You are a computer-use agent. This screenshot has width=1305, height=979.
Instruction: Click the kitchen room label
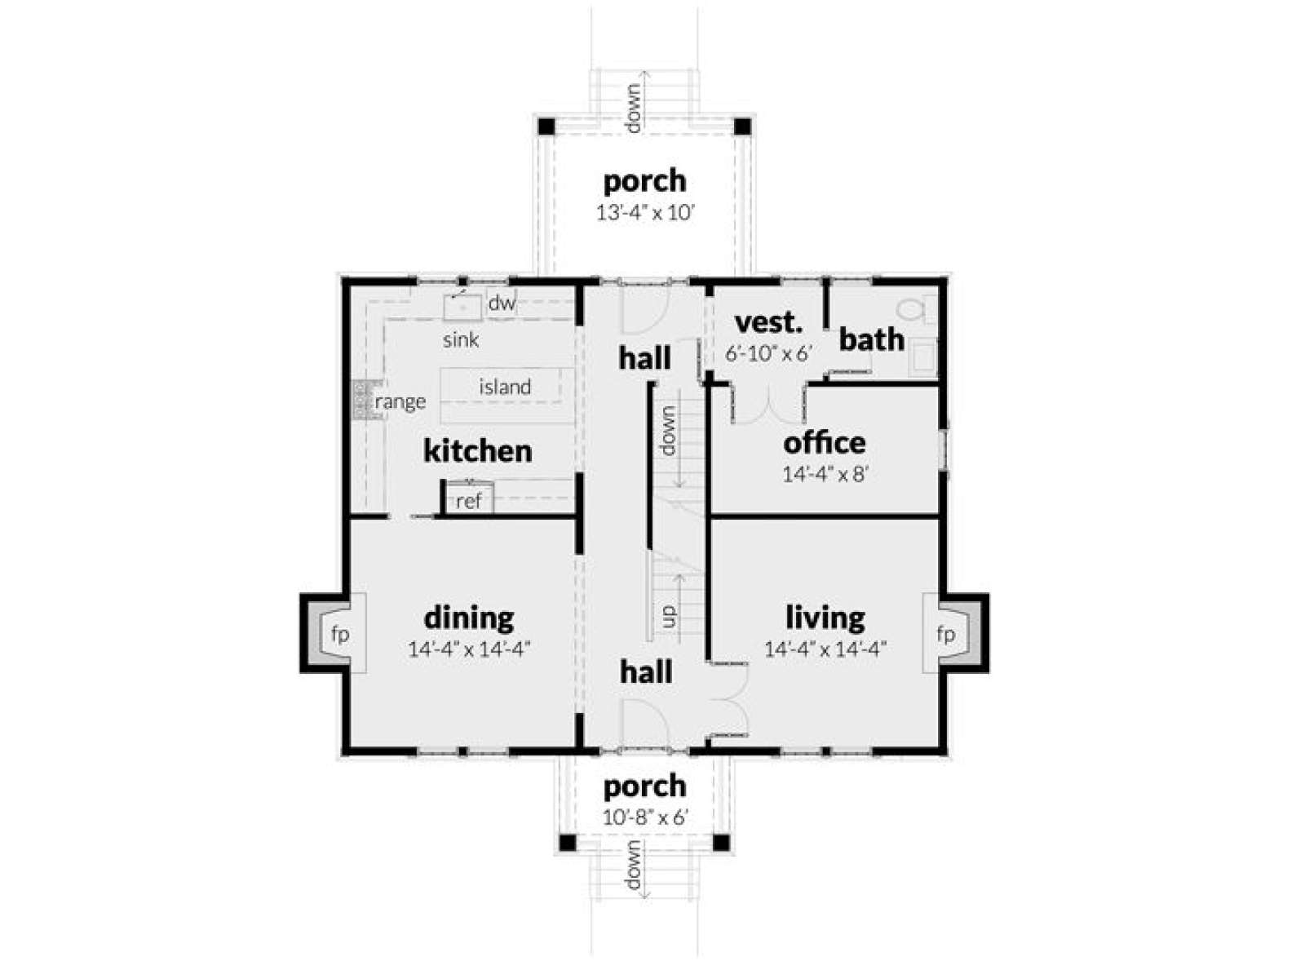click(477, 451)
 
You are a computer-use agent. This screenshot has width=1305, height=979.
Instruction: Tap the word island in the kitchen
click(505, 388)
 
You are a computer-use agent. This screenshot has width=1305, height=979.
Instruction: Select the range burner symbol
click(360, 400)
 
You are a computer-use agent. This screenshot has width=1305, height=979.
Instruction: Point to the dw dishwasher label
click(501, 303)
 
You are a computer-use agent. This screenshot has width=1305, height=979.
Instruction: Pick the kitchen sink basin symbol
click(462, 307)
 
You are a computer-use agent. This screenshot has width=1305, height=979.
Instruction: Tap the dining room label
click(468, 618)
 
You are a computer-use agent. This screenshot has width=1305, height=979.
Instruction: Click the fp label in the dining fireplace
click(340, 635)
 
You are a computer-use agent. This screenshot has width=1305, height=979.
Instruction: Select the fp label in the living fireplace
click(945, 635)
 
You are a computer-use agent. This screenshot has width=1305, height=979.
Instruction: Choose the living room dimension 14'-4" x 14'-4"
click(825, 649)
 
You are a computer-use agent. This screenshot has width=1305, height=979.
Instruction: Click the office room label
click(824, 443)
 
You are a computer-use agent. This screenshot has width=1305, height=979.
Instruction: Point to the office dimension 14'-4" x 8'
click(825, 474)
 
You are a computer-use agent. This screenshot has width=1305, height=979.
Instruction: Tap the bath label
click(872, 339)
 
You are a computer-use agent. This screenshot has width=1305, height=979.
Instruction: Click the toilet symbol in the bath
click(913, 310)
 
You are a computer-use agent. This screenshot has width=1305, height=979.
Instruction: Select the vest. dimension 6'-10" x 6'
click(768, 354)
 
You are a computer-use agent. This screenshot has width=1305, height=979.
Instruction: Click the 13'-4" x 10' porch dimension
click(645, 213)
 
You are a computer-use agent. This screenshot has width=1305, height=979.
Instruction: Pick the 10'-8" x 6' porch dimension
click(645, 818)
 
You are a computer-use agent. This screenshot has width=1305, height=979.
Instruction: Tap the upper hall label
click(645, 358)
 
